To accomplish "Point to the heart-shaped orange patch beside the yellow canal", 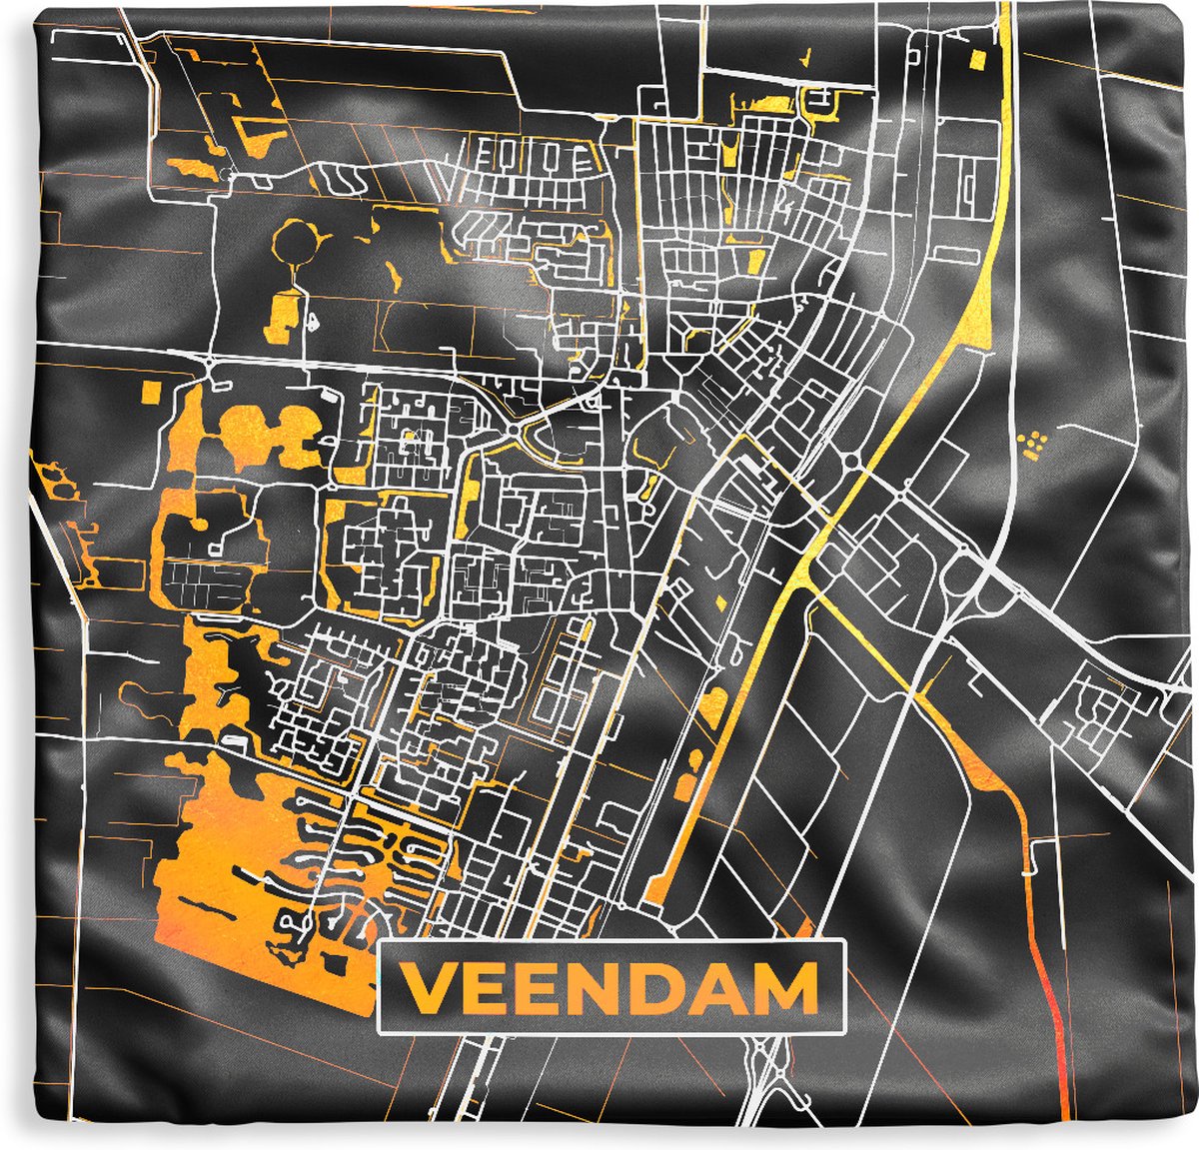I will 713,707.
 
